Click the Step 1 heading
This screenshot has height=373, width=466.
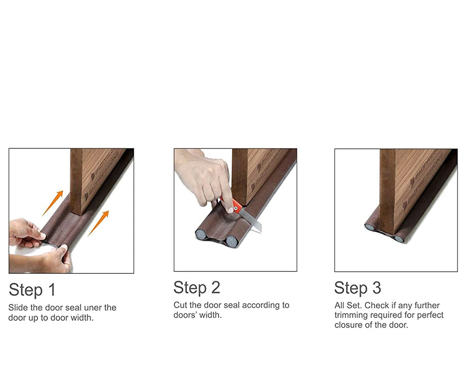[x=32, y=290]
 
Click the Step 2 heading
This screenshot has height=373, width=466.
[x=197, y=288]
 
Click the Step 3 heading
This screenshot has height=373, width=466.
[x=358, y=288]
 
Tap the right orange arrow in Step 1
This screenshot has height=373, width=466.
[x=99, y=223]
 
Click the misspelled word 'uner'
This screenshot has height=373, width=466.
[x=93, y=308]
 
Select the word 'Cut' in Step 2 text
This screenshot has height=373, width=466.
[x=180, y=305]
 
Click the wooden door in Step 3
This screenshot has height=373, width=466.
[x=411, y=189]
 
